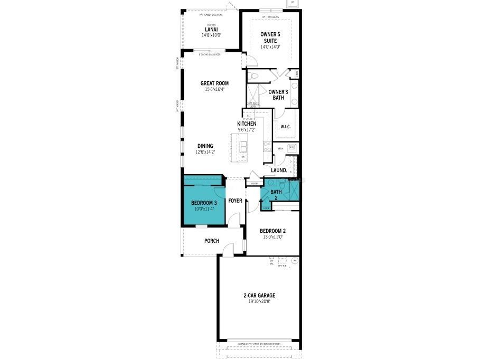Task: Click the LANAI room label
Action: click(211, 30)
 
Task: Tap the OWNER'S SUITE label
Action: click(270, 37)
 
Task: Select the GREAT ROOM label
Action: click(214, 83)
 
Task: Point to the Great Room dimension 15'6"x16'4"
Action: click(214, 89)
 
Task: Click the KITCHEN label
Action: click(247, 124)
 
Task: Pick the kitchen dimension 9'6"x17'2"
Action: click(247, 130)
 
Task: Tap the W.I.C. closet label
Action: click(286, 127)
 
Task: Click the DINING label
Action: click(205, 146)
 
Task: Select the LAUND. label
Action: click(279, 170)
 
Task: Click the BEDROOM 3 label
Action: click(204, 203)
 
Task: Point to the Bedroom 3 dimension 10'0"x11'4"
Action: click(204, 209)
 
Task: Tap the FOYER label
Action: click(235, 201)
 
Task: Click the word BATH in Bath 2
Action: click(276, 192)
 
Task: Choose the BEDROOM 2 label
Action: click(272, 231)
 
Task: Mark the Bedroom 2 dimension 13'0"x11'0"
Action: click(272, 237)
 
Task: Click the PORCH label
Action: click(212, 241)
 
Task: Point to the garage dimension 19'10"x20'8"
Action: click(259, 302)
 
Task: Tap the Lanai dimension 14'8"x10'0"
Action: click(211, 35)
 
